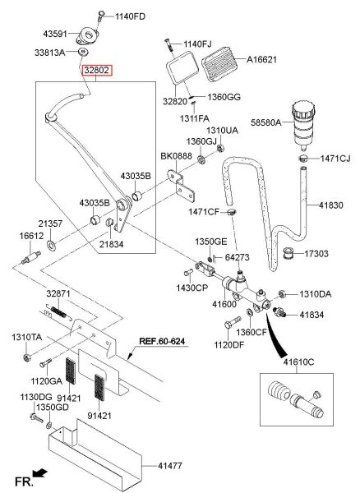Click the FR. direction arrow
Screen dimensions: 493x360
[x=38, y=474]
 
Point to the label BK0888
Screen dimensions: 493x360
[x=177, y=155]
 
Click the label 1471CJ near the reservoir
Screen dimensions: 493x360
[x=336, y=158]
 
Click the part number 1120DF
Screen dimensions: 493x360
[x=229, y=346]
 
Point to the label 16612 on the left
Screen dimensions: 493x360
[x=32, y=235]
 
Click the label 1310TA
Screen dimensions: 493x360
[x=26, y=337]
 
